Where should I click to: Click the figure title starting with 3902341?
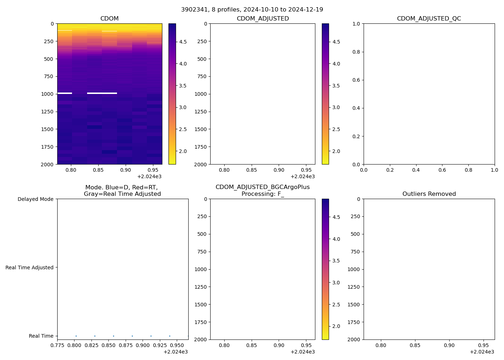(x=252, y=9)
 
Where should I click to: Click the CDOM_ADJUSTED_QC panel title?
(x=429, y=19)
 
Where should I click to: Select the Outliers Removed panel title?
(x=429, y=194)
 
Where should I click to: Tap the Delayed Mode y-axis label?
(x=35, y=199)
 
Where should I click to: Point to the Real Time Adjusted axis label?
(x=29, y=267)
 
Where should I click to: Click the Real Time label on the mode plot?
(x=41, y=336)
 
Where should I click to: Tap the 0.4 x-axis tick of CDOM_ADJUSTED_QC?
(x=416, y=170)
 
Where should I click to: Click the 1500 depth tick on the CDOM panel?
(x=48, y=129)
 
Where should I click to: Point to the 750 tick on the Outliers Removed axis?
(x=355, y=252)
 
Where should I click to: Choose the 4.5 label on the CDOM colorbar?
(x=183, y=42)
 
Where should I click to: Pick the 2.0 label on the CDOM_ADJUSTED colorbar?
(x=336, y=151)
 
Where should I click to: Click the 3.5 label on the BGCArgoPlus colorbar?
(x=336, y=261)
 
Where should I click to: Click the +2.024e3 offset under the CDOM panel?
(x=149, y=176)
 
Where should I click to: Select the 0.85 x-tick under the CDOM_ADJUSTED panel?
(x=251, y=170)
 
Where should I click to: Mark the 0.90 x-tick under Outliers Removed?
(x=449, y=345)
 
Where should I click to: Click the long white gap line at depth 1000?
(x=102, y=93)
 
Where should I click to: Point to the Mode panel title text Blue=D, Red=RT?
(x=122, y=188)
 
